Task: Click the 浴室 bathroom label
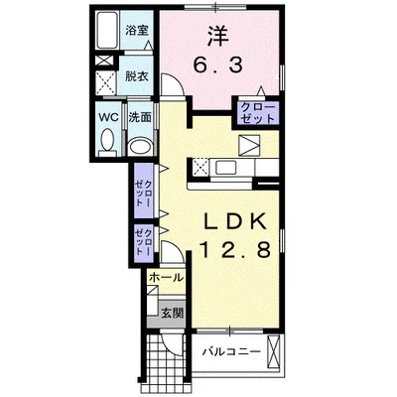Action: point(136,31)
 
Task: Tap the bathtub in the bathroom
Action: point(107,30)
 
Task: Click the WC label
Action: point(109,117)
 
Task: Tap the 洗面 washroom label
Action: point(140,117)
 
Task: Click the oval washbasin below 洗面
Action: point(140,146)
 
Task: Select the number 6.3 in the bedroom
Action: point(218,65)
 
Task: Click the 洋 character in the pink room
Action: point(218,36)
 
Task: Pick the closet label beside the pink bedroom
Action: point(258,113)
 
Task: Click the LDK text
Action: point(234,222)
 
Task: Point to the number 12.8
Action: point(234,249)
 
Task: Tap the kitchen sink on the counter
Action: point(226,168)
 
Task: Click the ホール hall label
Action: point(166,278)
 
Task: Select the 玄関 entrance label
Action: point(172,313)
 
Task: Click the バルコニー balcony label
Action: point(231,351)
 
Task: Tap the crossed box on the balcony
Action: point(273,351)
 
